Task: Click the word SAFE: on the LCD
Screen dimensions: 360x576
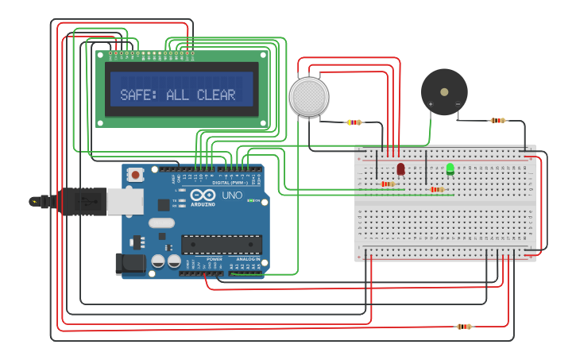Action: (137, 95)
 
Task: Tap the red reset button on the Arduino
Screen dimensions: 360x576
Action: (136, 174)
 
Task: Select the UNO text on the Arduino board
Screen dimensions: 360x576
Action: (232, 195)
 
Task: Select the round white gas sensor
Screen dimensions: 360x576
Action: (309, 96)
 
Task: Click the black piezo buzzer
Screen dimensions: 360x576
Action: (444, 91)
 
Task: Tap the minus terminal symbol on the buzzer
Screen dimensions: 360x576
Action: (458, 104)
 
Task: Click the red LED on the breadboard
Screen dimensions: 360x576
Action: (400, 168)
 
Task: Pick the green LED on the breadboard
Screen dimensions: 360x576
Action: (450, 168)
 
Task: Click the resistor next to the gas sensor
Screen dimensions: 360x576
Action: (354, 122)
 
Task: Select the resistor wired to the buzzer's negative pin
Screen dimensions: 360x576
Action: (497, 121)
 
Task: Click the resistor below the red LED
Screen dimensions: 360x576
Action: (388, 184)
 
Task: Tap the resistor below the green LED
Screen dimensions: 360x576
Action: (435, 189)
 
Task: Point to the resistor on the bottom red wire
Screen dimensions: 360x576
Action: (464, 326)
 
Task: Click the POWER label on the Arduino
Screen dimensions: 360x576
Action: (215, 259)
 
